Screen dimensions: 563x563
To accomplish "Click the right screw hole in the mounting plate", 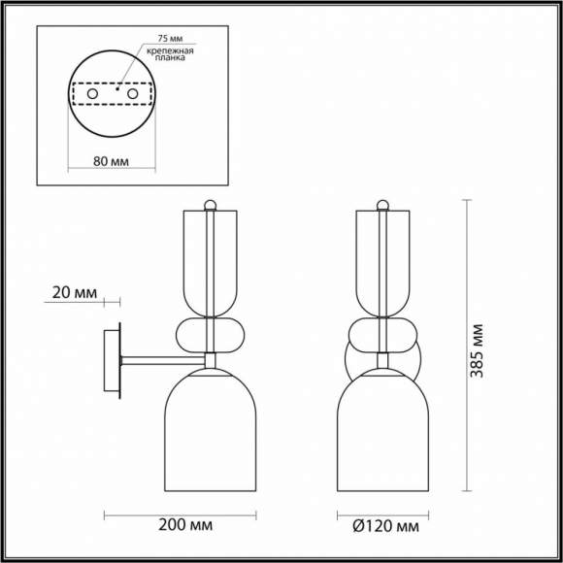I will [132, 94].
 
